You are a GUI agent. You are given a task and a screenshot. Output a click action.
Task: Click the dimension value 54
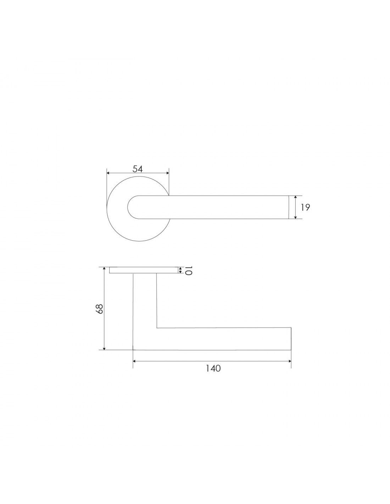(137, 169)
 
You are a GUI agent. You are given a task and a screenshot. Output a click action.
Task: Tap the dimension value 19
(305, 207)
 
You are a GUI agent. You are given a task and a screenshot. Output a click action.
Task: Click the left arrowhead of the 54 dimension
(108, 173)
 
